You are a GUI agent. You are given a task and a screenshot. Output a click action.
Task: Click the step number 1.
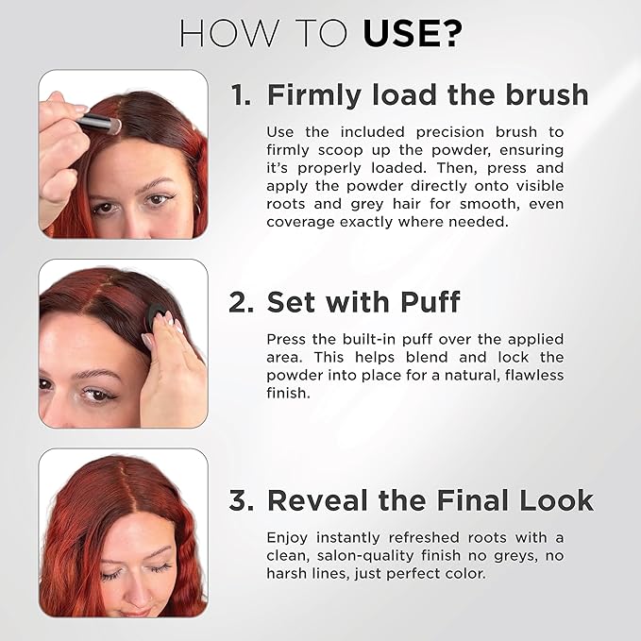pyautogui.click(x=240, y=95)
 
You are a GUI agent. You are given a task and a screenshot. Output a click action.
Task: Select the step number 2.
pyautogui.click(x=241, y=302)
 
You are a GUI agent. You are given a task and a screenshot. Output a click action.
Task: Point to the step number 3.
pyautogui.click(x=241, y=500)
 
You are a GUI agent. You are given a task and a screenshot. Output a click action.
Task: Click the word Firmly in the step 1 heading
pyautogui.click(x=308, y=95)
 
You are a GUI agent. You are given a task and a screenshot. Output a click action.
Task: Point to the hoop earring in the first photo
pyautogui.click(x=197, y=202)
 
